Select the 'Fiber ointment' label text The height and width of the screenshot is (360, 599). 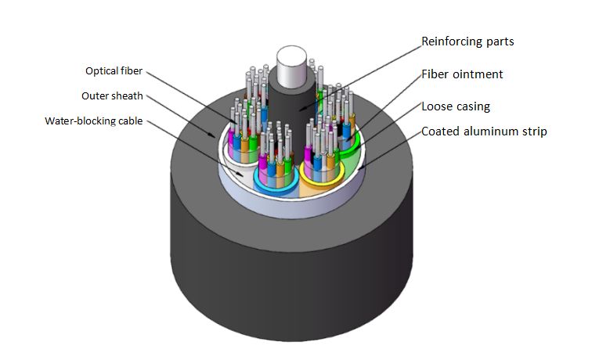(462, 74)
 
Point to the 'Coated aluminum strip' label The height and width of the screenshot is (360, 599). (484, 131)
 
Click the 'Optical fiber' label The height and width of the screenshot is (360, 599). (114, 71)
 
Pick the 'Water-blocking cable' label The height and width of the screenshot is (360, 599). (94, 121)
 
